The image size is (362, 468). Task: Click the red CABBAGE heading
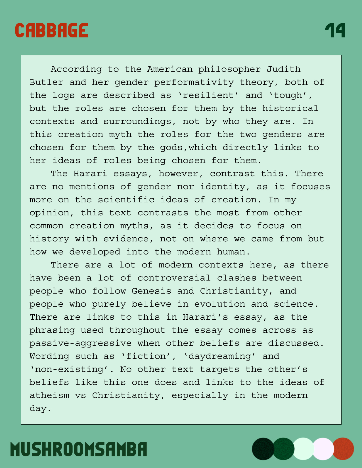pyautogui.click(x=51, y=30)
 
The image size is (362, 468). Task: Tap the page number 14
pyautogui.click(x=335, y=30)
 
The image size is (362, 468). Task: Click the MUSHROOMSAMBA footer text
pyautogui.click(x=79, y=449)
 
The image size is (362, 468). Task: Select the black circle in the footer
pyautogui.click(x=263, y=449)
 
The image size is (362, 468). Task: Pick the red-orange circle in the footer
pyautogui.click(x=343, y=449)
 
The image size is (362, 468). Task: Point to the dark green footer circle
pyautogui.click(x=283, y=449)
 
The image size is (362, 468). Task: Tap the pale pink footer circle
pyautogui.click(x=323, y=449)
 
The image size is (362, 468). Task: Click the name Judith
pyautogui.click(x=283, y=69)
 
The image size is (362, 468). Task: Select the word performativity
pyautogui.click(x=194, y=82)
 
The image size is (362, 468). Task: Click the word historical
pyautogui.click(x=290, y=108)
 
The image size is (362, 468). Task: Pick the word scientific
pyautogui.click(x=126, y=200)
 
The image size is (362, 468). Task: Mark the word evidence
pyautogui.click(x=126, y=239)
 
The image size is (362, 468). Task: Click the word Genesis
pyautogui.click(x=151, y=291)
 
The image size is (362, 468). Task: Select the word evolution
pyautogui.click(x=219, y=304)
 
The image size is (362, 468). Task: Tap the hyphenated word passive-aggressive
pyautogui.click(x=81, y=343)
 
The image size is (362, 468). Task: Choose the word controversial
pyautogui.click(x=174, y=278)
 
